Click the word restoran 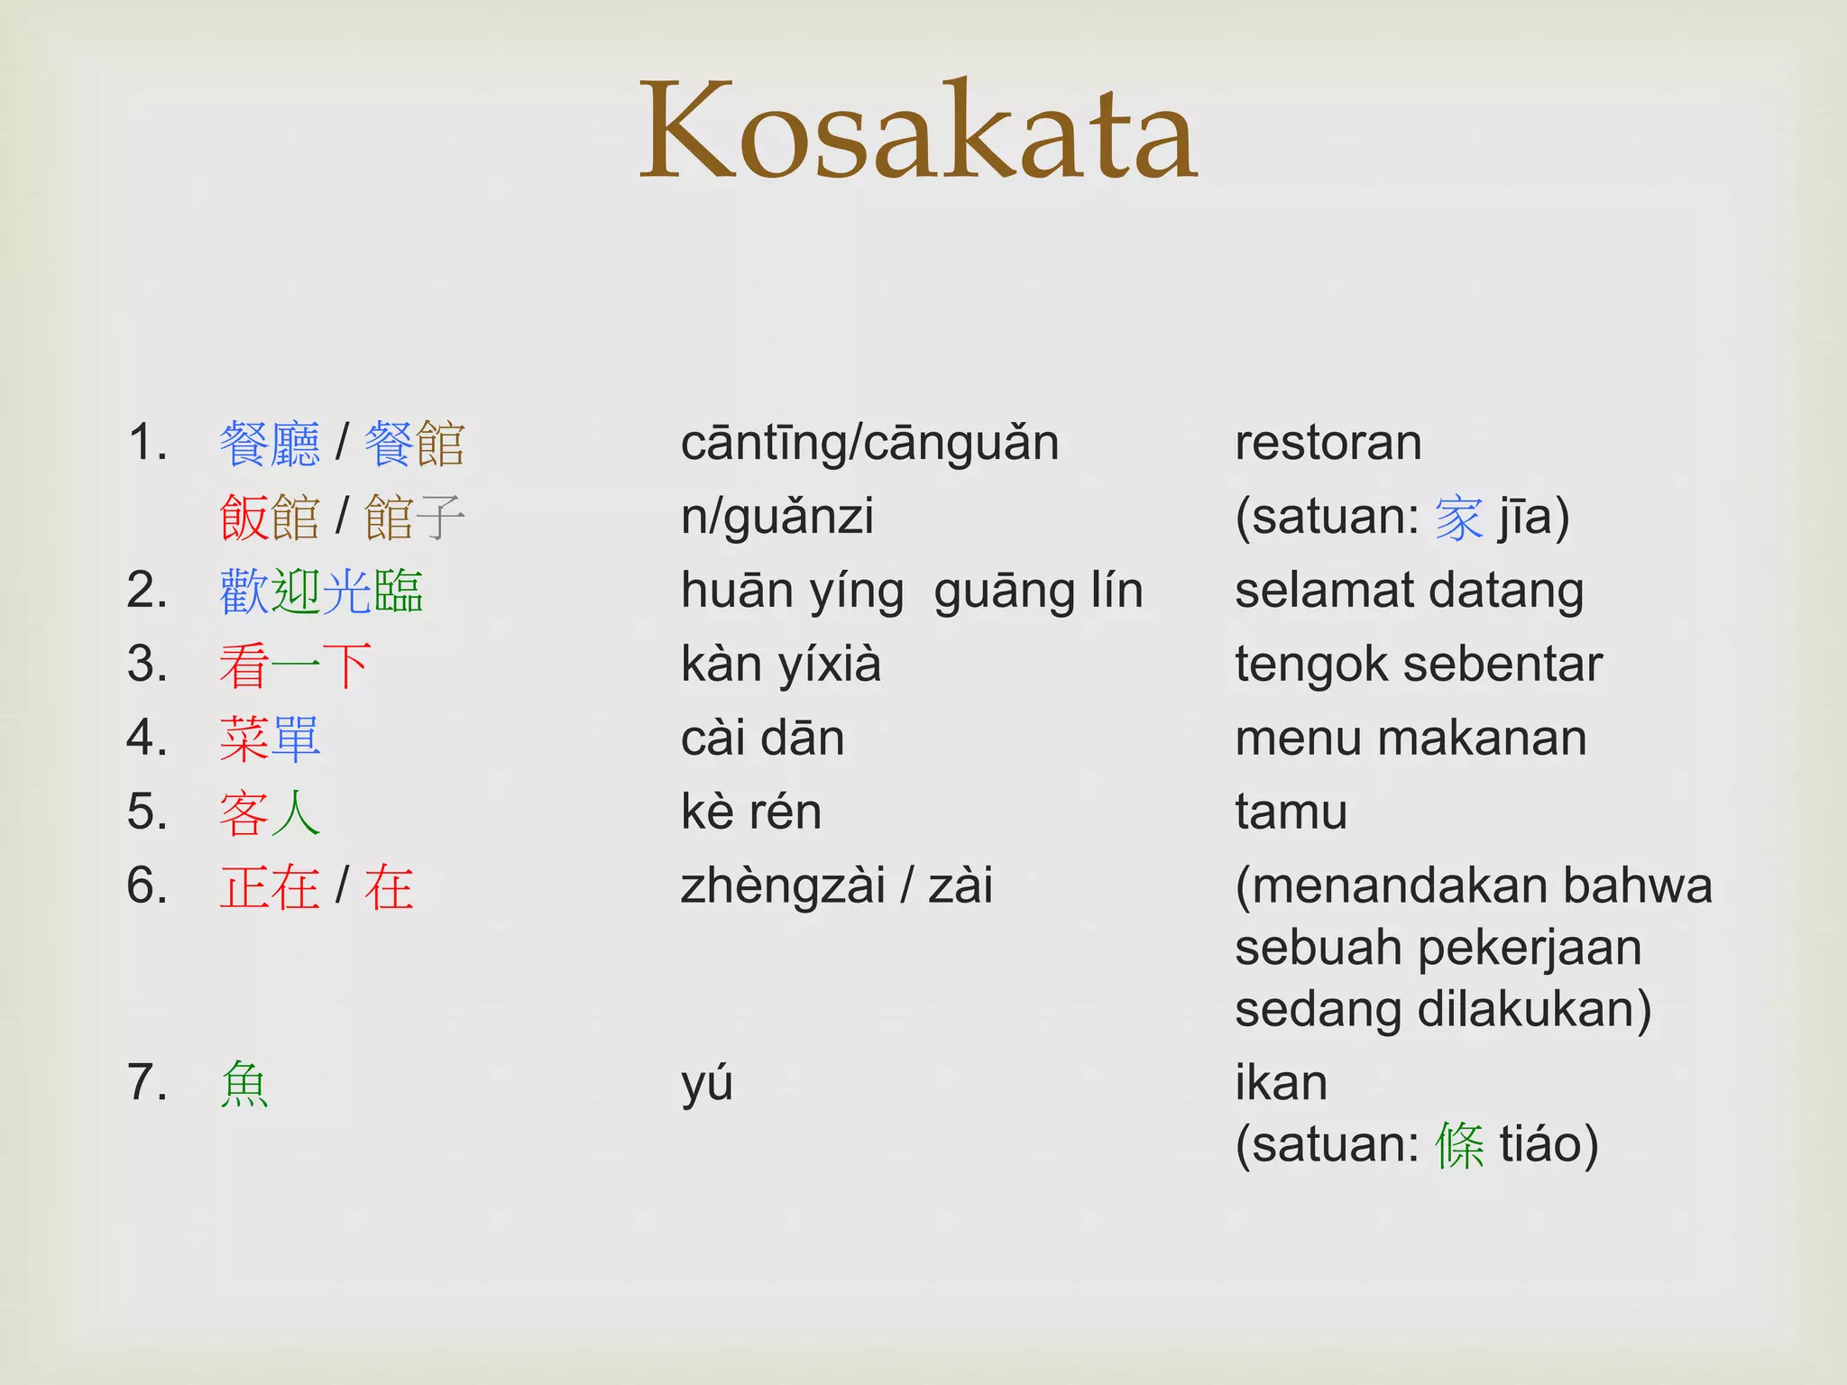[1328, 444]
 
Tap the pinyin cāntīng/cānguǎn [869, 444]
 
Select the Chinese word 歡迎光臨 [321, 592]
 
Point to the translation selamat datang [1409, 592]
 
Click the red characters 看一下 [295, 665]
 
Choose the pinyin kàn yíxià [781, 665]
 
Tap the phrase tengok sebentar [1418, 665]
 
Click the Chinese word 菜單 [270, 739]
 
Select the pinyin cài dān [762, 739]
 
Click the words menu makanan [1411, 739]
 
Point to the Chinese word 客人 [270, 813]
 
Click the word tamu [1291, 813]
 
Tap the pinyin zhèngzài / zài [836, 886]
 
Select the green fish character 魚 [244, 1084]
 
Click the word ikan [1281, 1084]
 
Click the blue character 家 [1458, 518]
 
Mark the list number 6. [147, 886]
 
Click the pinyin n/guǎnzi [776, 518]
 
